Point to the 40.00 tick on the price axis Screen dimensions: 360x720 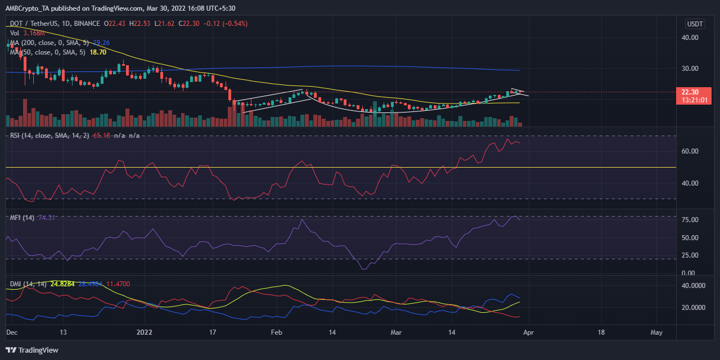point(690,38)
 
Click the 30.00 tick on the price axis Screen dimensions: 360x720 point(690,69)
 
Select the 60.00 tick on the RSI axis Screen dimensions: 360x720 point(690,151)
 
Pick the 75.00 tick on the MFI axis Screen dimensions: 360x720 point(690,220)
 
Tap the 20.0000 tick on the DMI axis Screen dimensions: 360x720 point(694,308)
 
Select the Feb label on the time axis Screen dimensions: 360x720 point(276,332)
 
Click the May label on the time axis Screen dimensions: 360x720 point(656,332)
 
